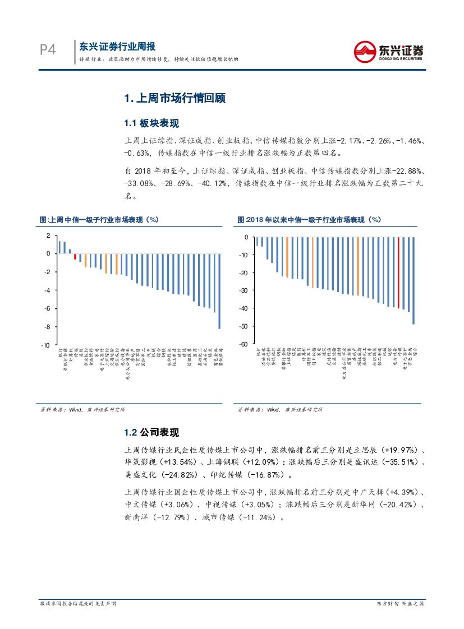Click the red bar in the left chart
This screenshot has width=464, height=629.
(x=75, y=257)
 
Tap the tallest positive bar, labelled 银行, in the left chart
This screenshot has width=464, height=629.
(x=60, y=247)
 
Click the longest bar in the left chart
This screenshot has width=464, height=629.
(x=219, y=291)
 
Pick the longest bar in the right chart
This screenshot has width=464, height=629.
(x=414, y=280)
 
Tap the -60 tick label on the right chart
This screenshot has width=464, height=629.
(x=242, y=344)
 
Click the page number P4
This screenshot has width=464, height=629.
(x=48, y=50)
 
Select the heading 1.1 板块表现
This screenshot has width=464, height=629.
(x=151, y=123)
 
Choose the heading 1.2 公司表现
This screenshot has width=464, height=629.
(x=151, y=432)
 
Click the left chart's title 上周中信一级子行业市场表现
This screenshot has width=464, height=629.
(x=96, y=220)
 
